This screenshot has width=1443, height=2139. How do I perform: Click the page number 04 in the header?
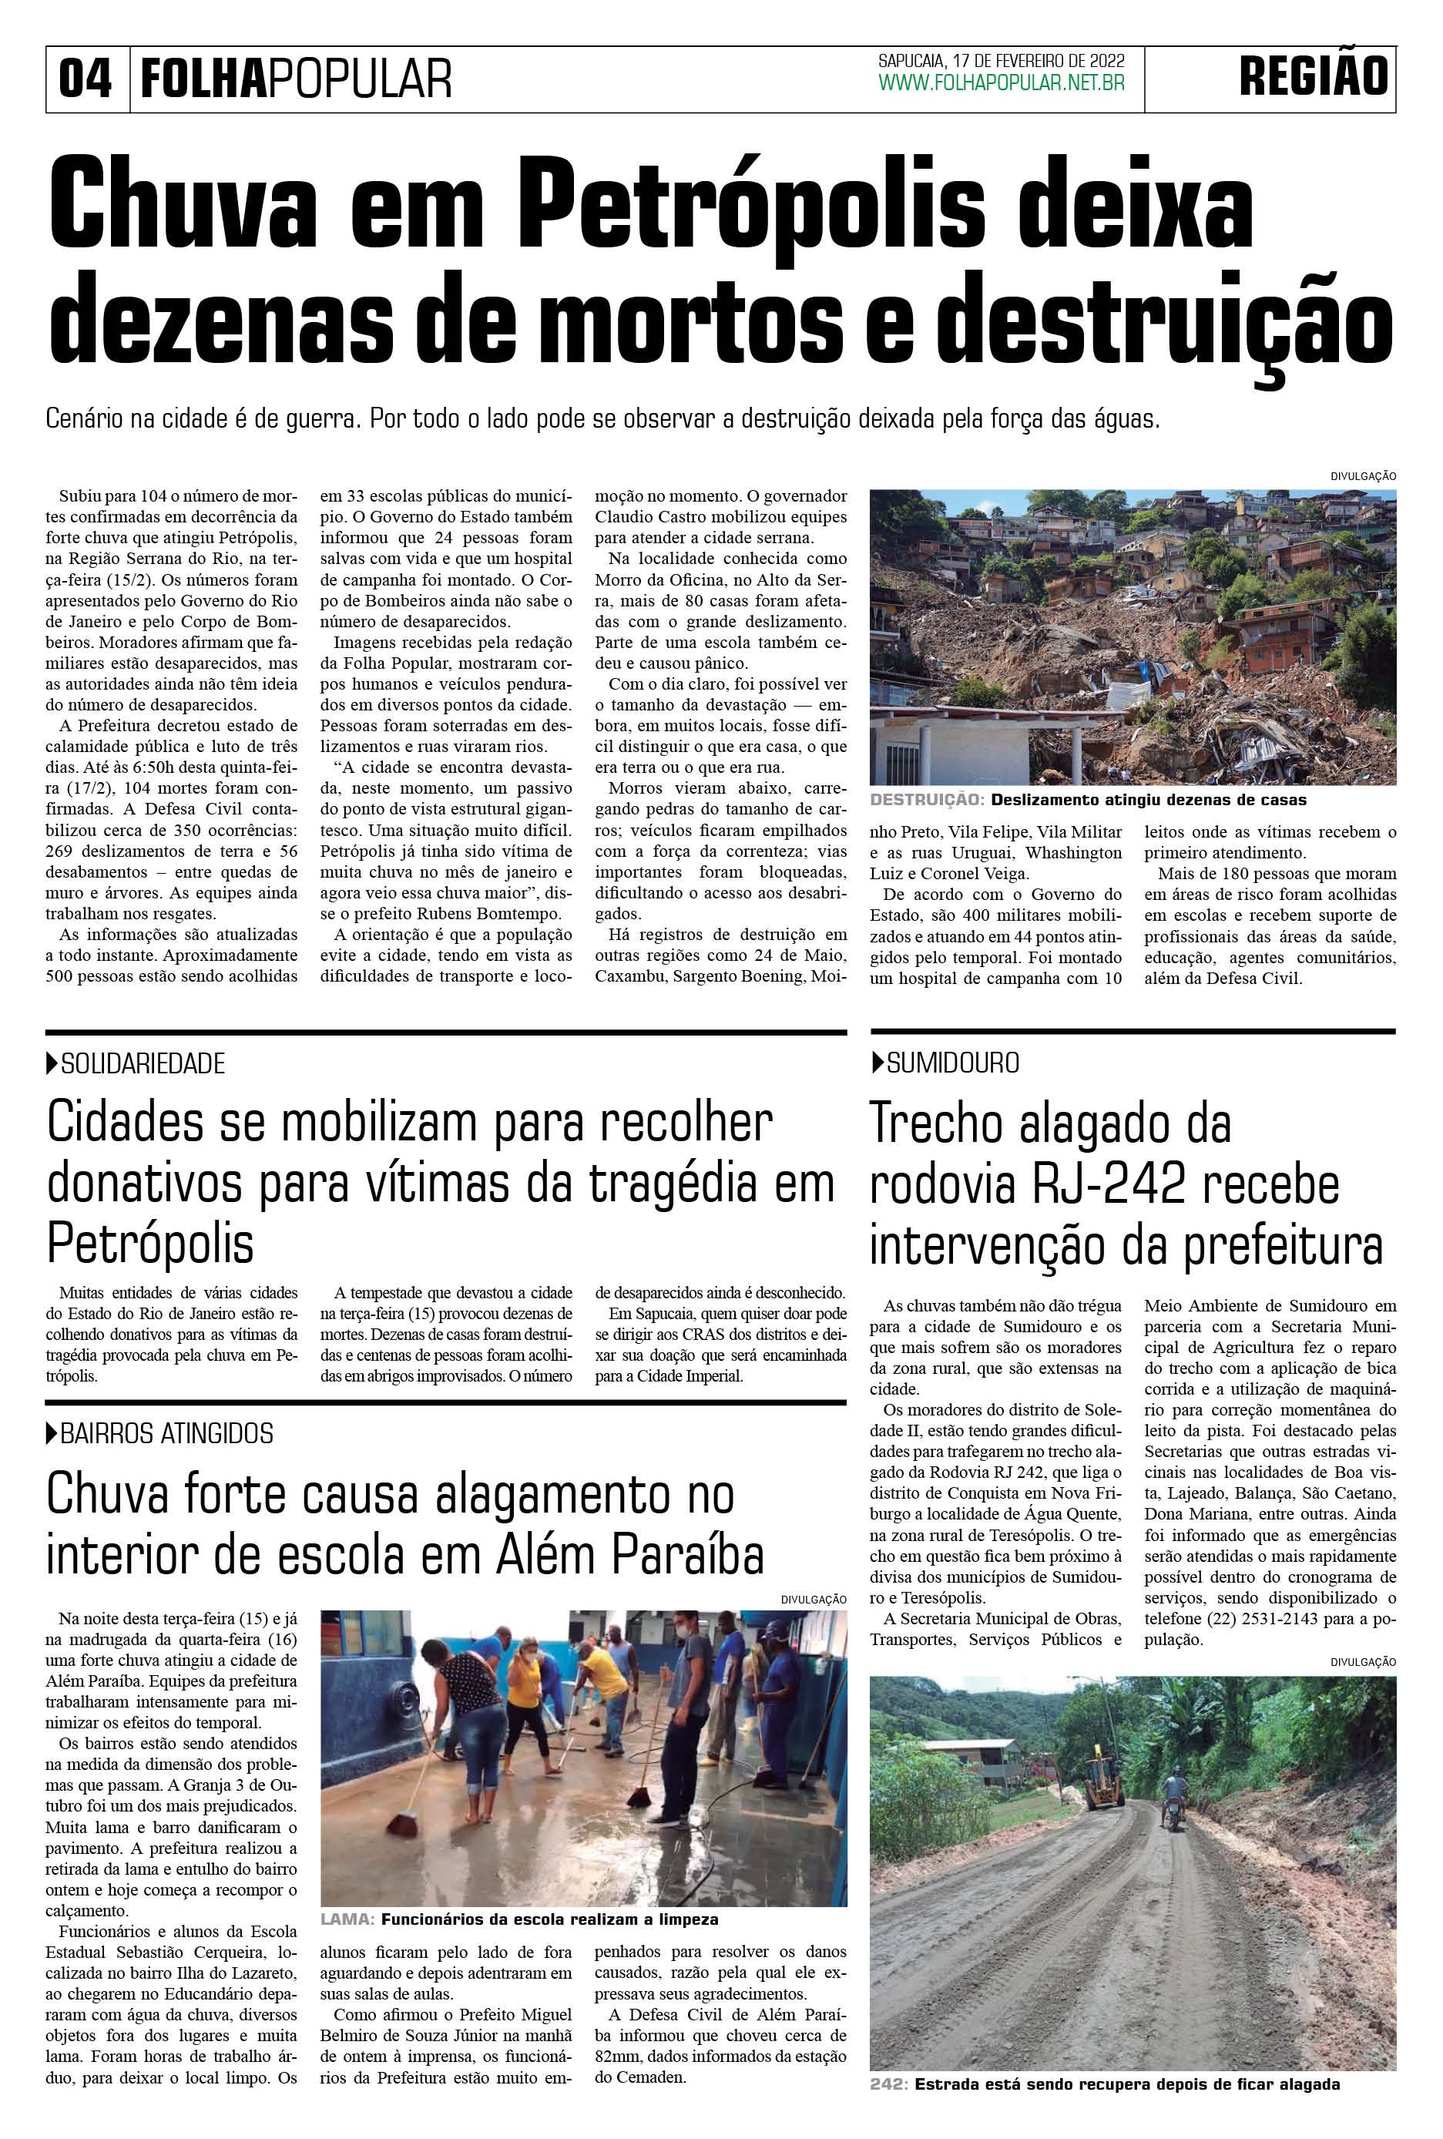pyautogui.click(x=85, y=79)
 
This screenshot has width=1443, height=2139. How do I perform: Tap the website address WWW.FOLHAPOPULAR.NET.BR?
pyautogui.click(x=1002, y=84)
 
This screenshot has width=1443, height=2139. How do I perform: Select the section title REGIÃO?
pyautogui.click(x=1314, y=77)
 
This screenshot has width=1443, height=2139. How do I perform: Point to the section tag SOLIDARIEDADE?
pyautogui.click(x=143, y=1064)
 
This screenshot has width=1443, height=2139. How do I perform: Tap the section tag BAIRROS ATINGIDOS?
pyautogui.click(x=166, y=1433)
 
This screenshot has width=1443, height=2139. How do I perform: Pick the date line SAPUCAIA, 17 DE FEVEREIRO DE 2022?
pyautogui.click(x=1002, y=61)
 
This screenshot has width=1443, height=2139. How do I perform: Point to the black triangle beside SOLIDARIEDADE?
pyautogui.click(x=52, y=1064)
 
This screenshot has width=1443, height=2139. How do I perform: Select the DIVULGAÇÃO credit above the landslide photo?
pyautogui.click(x=1362, y=477)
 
